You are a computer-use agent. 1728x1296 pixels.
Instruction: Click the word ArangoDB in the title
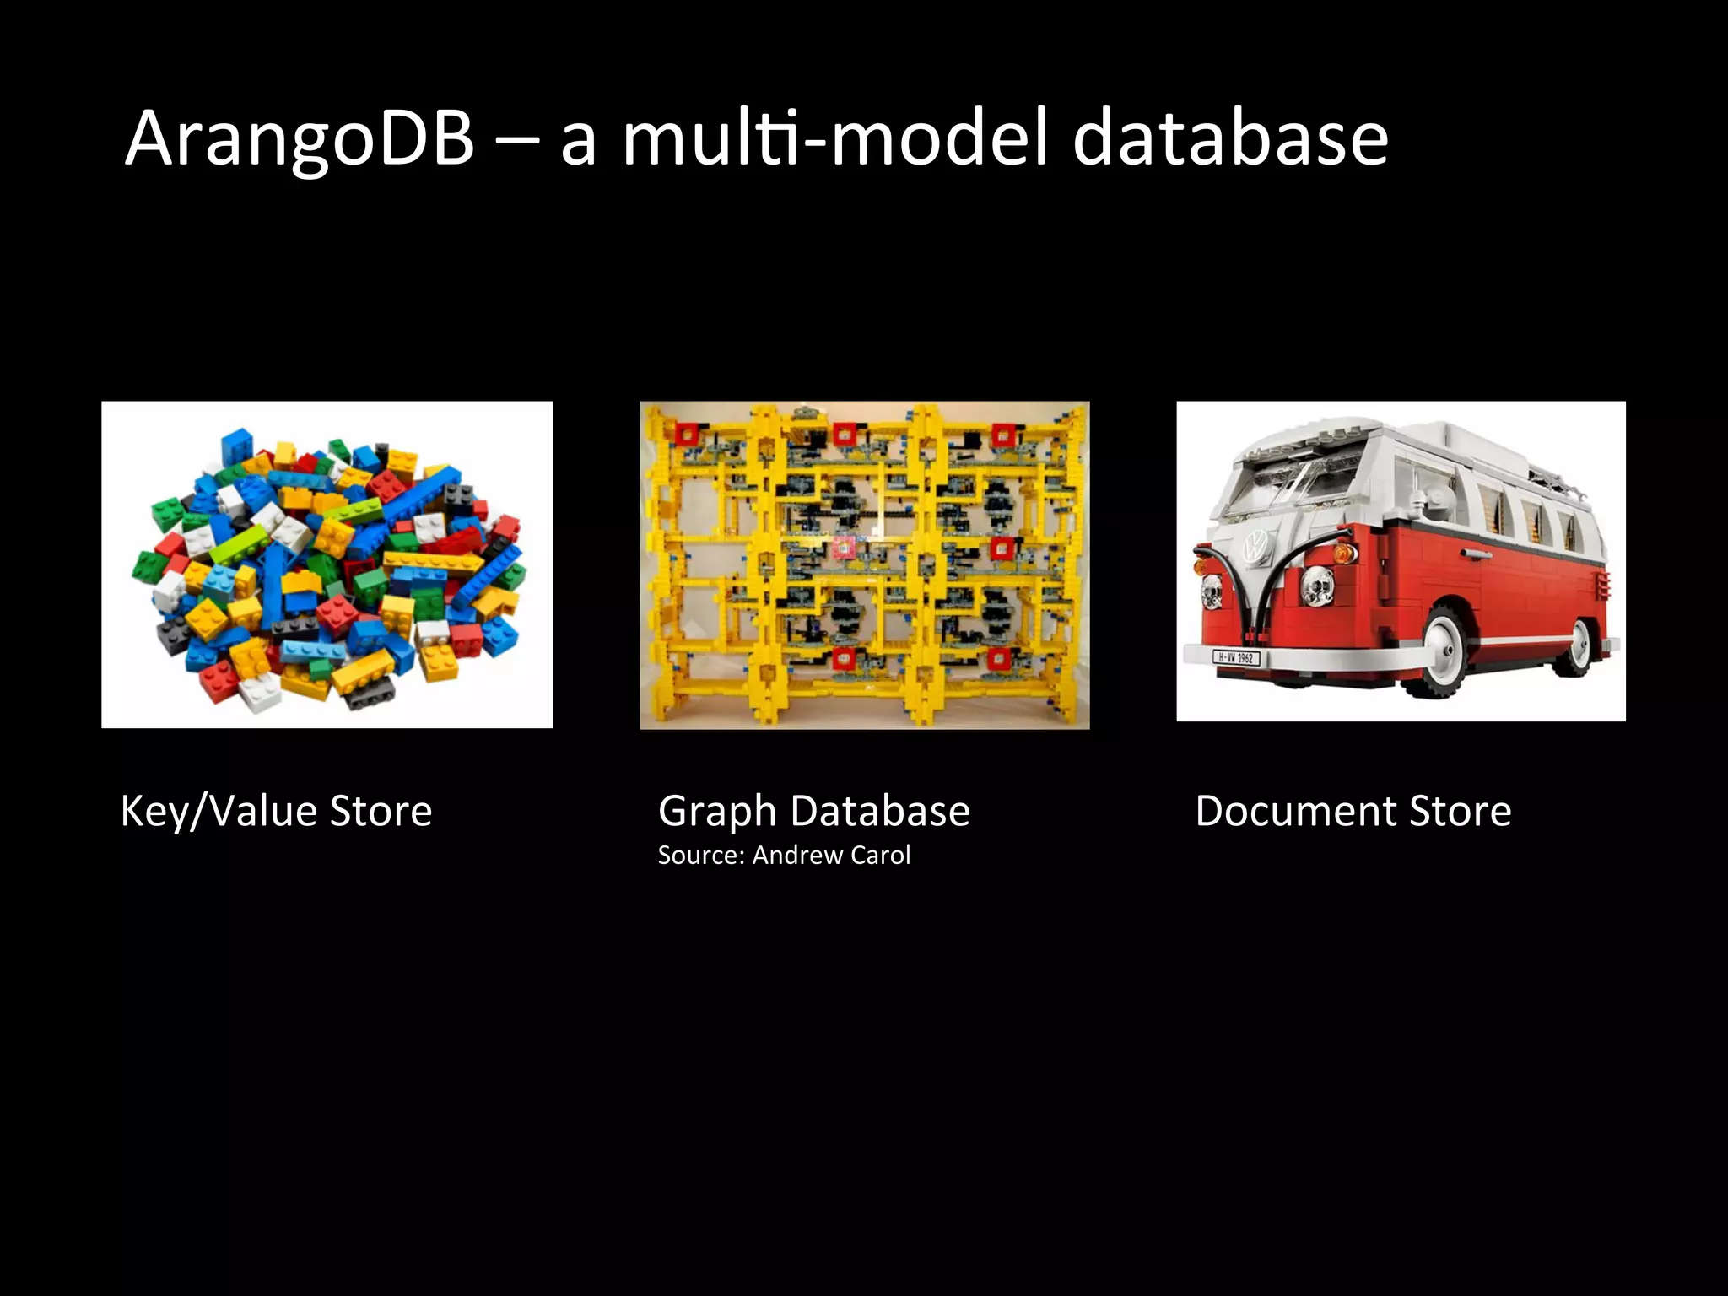[300, 139]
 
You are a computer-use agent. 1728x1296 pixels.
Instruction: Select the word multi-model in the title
[836, 139]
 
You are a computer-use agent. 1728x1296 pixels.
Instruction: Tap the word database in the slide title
[1230, 139]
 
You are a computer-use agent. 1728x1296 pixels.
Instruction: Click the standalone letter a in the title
[579, 143]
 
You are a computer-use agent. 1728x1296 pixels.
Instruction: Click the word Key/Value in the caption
[219, 812]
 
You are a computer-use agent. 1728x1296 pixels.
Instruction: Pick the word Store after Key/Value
[381, 812]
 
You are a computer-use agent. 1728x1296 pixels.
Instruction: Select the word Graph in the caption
[716, 812]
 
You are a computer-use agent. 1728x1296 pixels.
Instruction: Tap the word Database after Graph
[880, 812]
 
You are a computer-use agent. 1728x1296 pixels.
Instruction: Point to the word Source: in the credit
[701, 856]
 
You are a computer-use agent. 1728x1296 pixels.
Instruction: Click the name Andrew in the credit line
[797, 856]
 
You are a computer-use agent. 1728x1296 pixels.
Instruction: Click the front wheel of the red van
[1442, 653]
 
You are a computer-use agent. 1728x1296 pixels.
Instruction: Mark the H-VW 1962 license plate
[1235, 657]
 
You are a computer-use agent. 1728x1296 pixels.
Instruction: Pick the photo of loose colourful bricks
[327, 564]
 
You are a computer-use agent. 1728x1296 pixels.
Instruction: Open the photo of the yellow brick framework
[865, 564]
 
